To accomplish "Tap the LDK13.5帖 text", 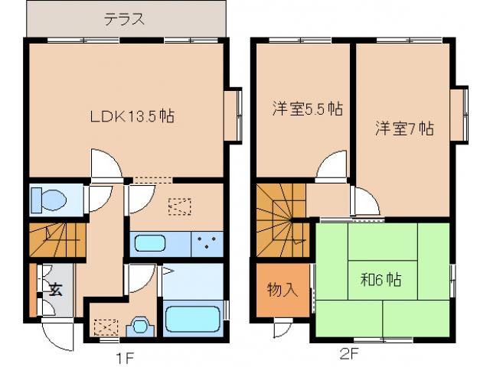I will pyautogui.click(x=132, y=117).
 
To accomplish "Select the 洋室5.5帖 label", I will pyautogui.click(x=306, y=109).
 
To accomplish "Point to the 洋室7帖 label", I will pyautogui.click(x=403, y=128).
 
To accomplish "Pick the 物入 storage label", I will pyautogui.click(x=281, y=291).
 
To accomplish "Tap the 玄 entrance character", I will pyautogui.click(x=56, y=289).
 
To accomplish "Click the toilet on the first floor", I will pyautogui.click(x=48, y=200).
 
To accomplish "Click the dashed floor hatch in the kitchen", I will pyautogui.click(x=180, y=206).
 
